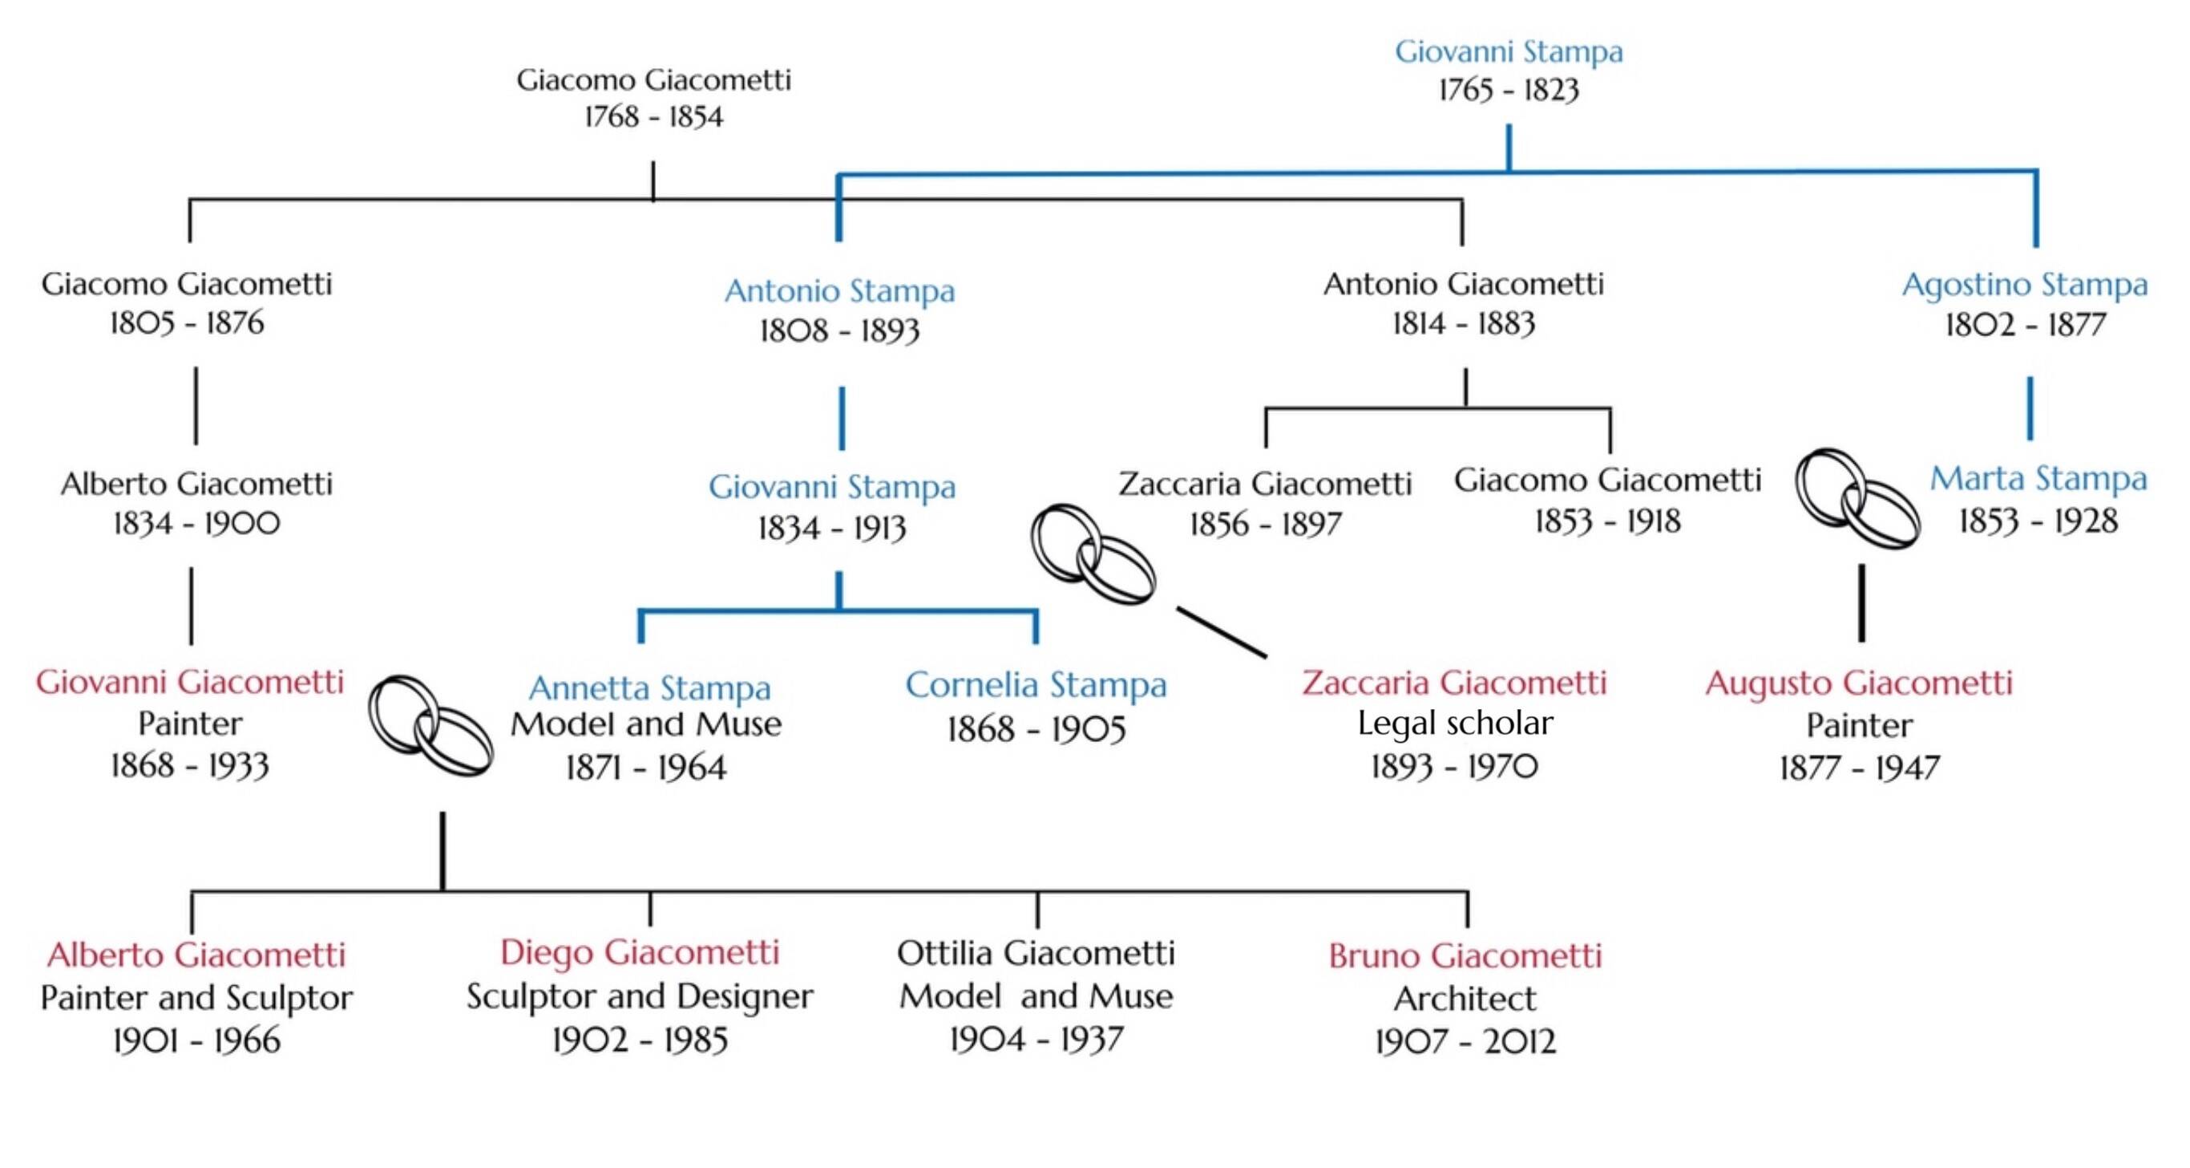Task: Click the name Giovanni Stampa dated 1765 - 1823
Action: [1509, 52]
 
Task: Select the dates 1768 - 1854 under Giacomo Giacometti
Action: [654, 116]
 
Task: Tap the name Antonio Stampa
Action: [840, 291]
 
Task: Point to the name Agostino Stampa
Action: [2025, 285]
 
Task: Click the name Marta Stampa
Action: [2038, 479]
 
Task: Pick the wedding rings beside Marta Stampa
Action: [1857, 498]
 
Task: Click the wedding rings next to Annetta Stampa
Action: [430, 726]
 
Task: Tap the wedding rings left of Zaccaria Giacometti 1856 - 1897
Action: [1093, 554]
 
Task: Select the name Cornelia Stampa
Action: [1036, 685]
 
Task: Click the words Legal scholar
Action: [1456, 723]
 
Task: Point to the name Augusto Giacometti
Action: [1859, 683]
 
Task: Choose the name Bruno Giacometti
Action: [1465, 955]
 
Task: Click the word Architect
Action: [1465, 998]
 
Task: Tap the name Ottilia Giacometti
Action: [1036, 953]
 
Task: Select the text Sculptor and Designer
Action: [640, 996]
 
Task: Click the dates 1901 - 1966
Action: [196, 1040]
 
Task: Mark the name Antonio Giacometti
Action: [1464, 284]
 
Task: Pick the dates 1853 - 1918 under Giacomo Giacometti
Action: [1608, 521]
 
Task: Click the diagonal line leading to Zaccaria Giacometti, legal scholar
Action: [1222, 632]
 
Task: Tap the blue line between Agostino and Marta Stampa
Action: [2030, 408]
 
